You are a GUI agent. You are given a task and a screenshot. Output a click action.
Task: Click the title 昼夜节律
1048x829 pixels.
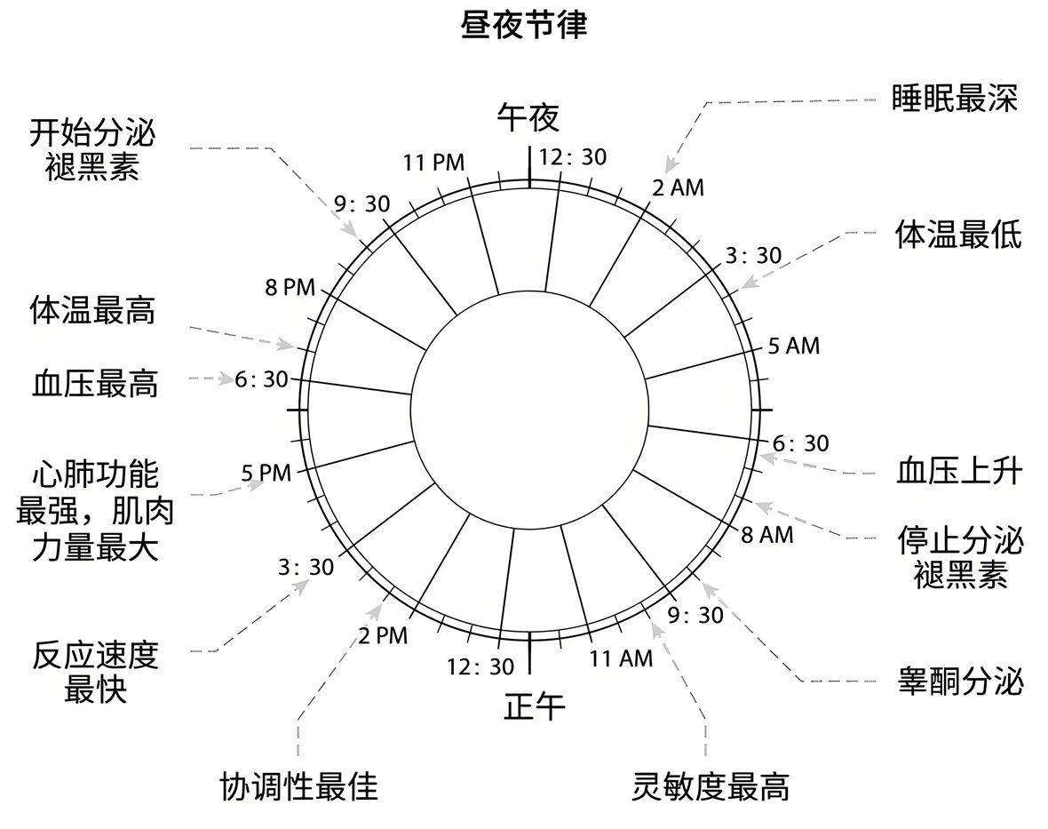pos(523,24)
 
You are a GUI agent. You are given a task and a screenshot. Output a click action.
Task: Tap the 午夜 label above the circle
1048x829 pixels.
pos(529,116)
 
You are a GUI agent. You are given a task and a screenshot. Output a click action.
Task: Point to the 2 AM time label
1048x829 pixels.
pos(678,187)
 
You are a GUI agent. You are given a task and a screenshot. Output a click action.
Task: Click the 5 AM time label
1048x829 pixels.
pos(793,346)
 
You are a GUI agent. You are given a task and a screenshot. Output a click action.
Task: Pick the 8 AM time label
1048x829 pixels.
pos(766,535)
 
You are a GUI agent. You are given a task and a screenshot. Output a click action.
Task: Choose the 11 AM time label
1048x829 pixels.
pos(621,658)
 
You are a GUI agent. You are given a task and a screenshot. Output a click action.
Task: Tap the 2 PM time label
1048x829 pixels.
pos(383,636)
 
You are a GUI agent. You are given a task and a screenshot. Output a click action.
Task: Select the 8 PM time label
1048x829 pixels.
pos(290,287)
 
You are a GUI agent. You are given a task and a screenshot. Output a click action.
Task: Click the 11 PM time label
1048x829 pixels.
pos(433,163)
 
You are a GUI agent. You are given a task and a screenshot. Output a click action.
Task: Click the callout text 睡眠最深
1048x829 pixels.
pos(955,98)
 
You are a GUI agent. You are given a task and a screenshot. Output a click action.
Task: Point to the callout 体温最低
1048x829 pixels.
pos(958,235)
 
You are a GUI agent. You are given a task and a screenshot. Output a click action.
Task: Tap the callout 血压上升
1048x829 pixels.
pos(959,472)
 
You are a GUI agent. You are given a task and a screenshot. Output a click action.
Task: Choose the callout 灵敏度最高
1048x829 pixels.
pos(711,785)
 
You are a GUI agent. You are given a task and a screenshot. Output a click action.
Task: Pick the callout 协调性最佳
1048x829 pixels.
pos(298,785)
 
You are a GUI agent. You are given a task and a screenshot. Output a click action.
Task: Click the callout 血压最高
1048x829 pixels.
pos(95,384)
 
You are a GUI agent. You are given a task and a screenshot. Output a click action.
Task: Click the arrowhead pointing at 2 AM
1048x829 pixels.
pos(670,166)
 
